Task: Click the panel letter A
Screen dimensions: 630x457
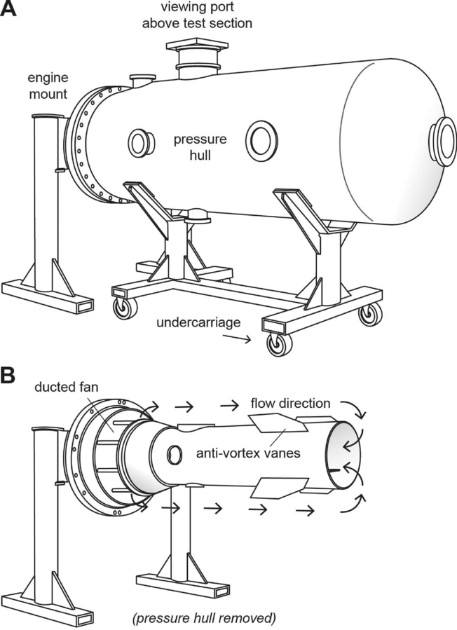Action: [9, 11]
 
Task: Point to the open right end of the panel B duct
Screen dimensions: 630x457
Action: [344, 456]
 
